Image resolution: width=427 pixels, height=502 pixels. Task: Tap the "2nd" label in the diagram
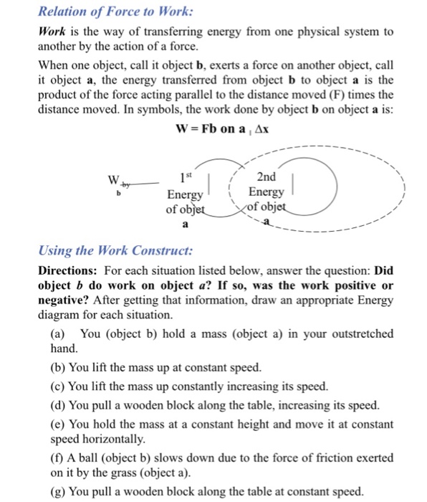pyautogui.click(x=265, y=177)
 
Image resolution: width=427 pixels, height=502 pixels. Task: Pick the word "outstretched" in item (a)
pyautogui.click(x=359, y=333)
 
